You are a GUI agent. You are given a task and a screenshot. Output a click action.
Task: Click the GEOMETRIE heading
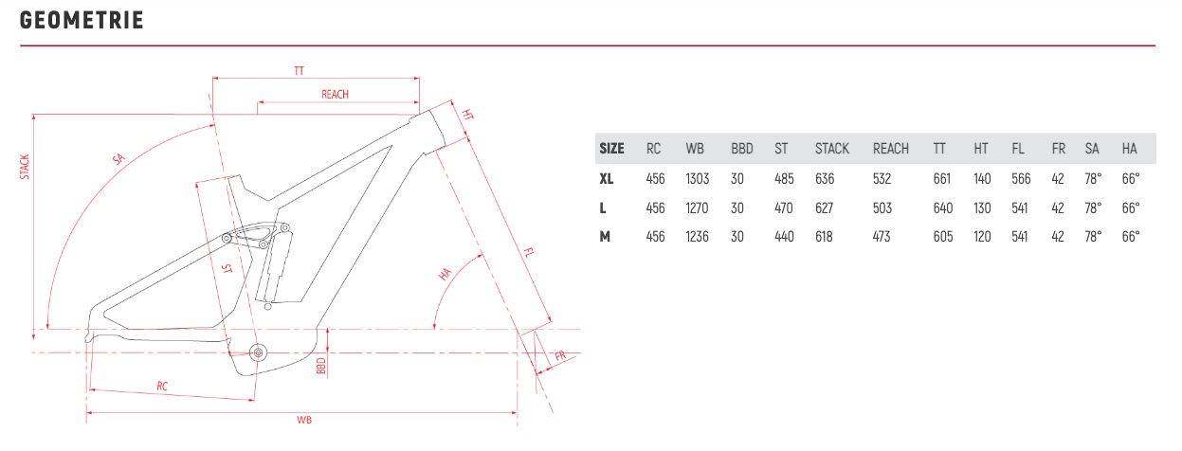[x=82, y=21]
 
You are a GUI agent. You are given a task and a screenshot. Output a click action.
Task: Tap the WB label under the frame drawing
[x=304, y=421]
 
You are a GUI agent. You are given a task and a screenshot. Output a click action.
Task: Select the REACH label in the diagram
[x=336, y=95]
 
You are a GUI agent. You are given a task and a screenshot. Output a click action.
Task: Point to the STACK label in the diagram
[x=25, y=167]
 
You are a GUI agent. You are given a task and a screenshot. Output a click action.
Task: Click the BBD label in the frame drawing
[x=320, y=366]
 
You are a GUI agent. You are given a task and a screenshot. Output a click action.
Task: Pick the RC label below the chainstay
[x=162, y=387]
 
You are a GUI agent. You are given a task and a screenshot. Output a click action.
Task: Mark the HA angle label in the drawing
[x=445, y=274]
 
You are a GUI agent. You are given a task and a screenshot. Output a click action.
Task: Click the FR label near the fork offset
[x=560, y=356]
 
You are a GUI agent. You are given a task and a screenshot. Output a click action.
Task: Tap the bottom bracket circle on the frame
[x=258, y=352]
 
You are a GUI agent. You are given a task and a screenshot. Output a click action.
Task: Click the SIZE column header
[x=611, y=149]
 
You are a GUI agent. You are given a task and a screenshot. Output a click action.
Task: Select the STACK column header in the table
[x=832, y=149]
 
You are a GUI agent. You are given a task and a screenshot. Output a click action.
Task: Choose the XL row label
[x=607, y=179]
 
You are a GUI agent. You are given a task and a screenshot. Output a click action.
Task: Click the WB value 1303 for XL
[x=697, y=179]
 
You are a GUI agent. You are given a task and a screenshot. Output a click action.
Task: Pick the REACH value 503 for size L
[x=882, y=208]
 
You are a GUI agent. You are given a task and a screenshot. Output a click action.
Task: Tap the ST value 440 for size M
[x=784, y=237]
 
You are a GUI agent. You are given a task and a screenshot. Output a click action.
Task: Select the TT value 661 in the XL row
[x=942, y=179]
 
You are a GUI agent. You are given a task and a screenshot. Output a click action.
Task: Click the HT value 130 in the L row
[x=982, y=208]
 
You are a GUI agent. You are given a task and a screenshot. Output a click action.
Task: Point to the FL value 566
[x=1021, y=179]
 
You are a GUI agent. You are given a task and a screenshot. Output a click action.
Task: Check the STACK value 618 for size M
[x=824, y=237]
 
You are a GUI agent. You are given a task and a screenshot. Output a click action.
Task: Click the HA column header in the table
[x=1129, y=149]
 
